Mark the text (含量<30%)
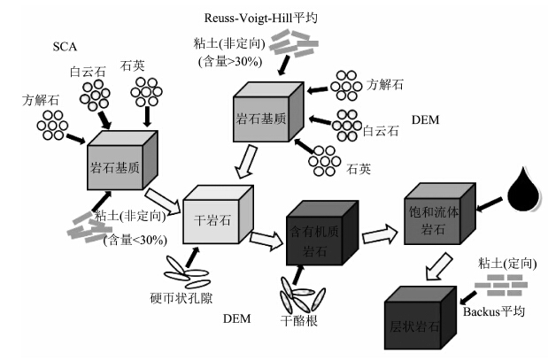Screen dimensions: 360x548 coord(136,238)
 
